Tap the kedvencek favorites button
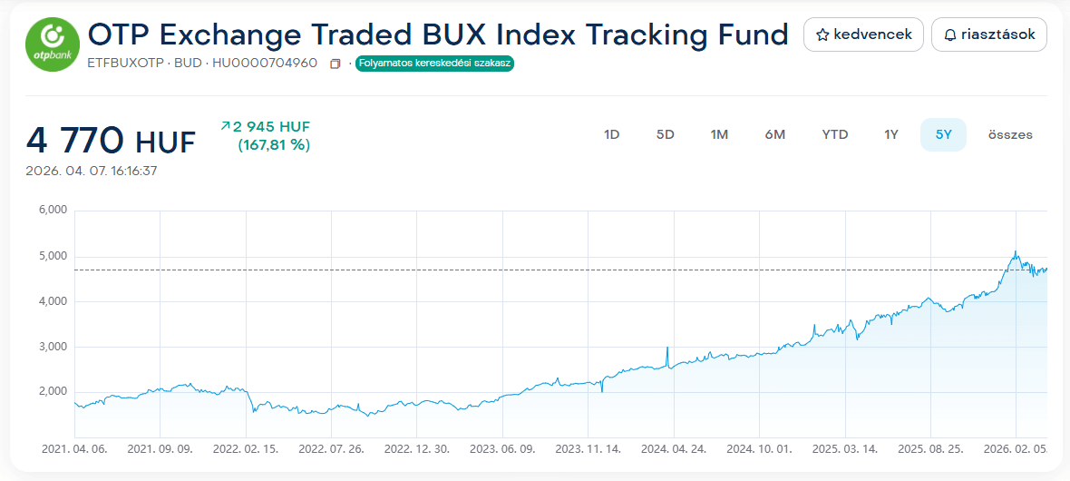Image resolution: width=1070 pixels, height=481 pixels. coord(863,34)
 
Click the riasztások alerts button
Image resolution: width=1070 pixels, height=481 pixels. coord(989,34)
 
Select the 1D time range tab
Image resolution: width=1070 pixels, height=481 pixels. coord(611,134)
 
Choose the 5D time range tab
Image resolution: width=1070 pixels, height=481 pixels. coord(666,134)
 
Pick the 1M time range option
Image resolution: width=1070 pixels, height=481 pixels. coord(719,134)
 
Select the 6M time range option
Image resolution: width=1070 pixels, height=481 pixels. coord(774,134)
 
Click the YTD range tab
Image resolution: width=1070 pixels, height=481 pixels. coord(834,134)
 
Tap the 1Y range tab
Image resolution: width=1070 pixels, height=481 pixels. coord(891,134)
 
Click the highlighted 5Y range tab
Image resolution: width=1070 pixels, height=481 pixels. coord(943,134)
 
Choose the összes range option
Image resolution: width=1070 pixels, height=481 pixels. coord(1010,134)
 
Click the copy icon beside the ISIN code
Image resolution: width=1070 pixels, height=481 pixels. coord(336,64)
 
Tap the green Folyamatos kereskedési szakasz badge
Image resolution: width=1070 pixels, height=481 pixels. coord(434,64)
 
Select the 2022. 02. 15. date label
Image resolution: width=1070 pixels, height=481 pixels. coord(244,448)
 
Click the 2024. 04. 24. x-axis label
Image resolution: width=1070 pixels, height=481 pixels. coord(674,448)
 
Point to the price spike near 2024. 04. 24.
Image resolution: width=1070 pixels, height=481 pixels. coord(667,348)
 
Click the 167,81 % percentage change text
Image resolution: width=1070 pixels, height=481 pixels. coord(273,144)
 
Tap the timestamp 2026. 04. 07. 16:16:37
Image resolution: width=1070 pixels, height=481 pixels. coord(92,171)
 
